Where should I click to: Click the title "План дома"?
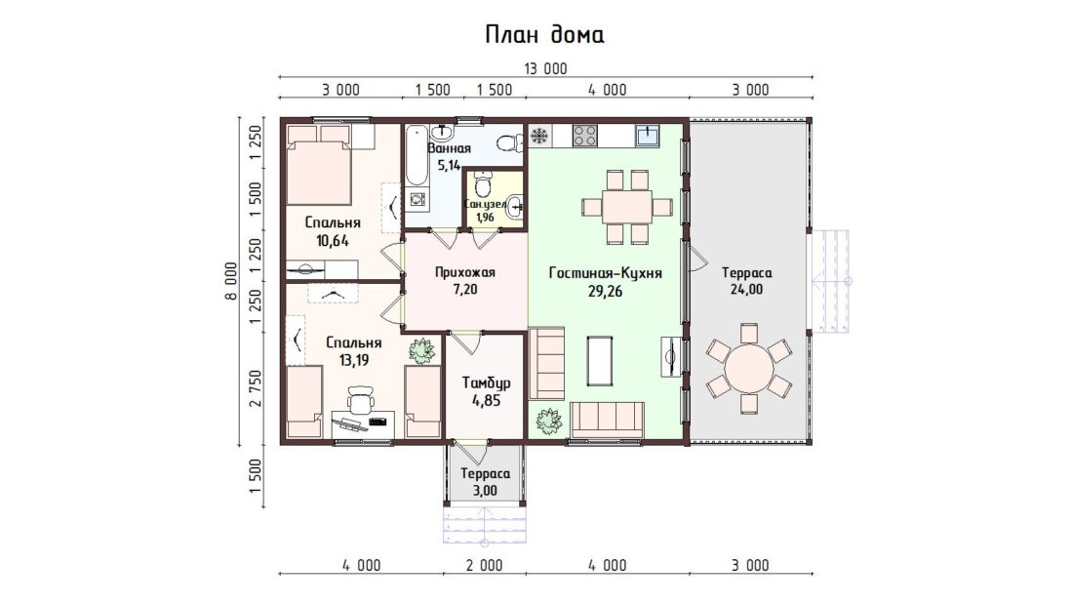click(544, 34)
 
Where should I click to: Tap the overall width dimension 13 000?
click(545, 68)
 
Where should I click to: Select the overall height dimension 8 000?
click(231, 281)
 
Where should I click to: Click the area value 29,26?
click(606, 291)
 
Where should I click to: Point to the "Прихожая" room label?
click(464, 272)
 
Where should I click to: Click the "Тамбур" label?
click(486, 383)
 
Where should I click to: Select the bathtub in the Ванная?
click(416, 156)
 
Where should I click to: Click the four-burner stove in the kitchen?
click(585, 135)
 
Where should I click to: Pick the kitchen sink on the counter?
click(647, 135)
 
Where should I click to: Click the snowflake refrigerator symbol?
click(540, 136)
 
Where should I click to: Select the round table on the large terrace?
click(749, 368)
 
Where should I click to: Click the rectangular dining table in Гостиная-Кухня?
click(627, 206)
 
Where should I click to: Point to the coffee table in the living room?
click(600, 361)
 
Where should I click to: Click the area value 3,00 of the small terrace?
click(485, 490)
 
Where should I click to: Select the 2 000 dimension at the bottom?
click(485, 566)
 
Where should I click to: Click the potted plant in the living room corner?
click(549, 422)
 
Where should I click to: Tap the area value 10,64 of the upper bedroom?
click(333, 240)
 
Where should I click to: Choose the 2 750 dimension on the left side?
click(256, 388)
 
